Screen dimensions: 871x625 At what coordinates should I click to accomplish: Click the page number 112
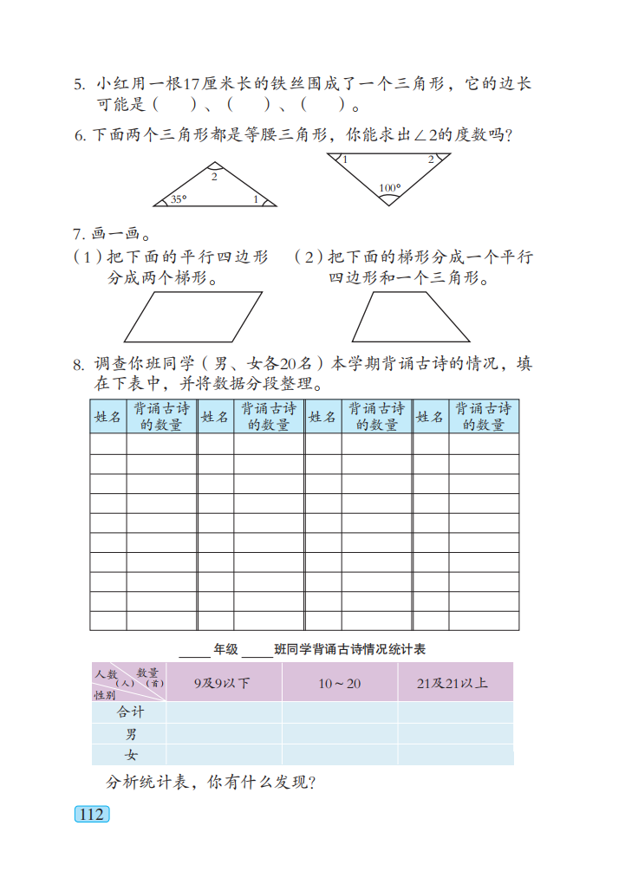[x=91, y=815]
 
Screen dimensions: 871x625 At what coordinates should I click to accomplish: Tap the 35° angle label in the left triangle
[x=179, y=199]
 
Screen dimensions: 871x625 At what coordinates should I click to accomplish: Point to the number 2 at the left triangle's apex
[x=214, y=177]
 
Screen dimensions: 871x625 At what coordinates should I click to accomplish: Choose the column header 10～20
[x=339, y=683]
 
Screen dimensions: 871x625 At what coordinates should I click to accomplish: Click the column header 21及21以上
[x=452, y=683]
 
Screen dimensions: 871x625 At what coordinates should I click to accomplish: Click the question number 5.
[x=78, y=85]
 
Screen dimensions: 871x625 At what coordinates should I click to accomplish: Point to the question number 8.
[x=78, y=365]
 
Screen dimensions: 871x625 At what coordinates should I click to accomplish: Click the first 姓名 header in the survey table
[x=107, y=417]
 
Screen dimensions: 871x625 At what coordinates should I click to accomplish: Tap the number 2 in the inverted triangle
[x=431, y=159]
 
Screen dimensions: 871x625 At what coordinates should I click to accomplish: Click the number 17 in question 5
[x=192, y=85]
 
